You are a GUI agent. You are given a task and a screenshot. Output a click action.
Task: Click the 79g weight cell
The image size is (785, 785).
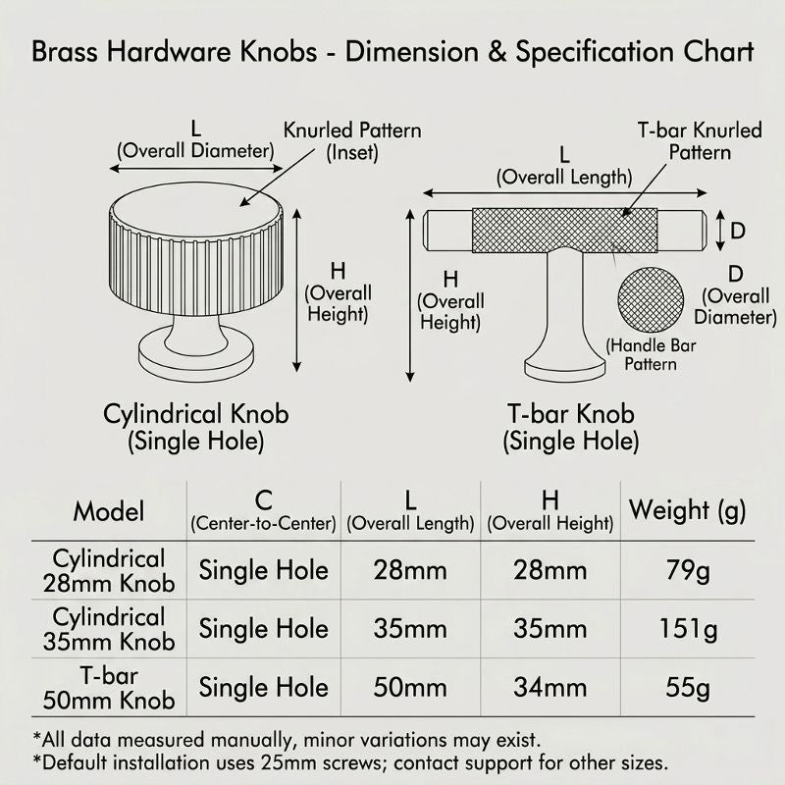pos(688,571)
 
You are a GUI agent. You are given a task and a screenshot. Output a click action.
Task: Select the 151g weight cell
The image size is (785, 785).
pos(688,629)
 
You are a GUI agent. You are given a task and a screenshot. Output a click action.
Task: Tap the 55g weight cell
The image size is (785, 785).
pos(688,688)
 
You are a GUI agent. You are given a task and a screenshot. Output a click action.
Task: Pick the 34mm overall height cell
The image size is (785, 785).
pos(549,688)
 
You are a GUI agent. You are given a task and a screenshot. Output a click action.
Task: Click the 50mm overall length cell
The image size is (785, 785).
pos(410,688)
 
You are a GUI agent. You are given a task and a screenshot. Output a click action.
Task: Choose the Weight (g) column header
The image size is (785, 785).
pos(688,511)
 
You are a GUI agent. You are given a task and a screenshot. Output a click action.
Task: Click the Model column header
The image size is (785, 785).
pos(109,511)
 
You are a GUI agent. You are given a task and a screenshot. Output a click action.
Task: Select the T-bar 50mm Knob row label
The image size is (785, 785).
pos(109,688)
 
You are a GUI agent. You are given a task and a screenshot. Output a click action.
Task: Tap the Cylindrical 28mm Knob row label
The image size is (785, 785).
pos(109,571)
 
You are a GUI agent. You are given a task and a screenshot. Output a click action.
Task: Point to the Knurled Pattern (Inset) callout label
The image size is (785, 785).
pos(352,141)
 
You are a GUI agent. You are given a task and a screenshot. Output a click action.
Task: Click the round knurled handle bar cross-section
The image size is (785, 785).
pos(651,300)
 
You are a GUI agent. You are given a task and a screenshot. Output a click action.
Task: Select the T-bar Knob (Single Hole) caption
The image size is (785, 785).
pos(571,428)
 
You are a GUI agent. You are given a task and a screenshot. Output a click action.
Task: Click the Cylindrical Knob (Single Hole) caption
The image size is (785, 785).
pos(195,428)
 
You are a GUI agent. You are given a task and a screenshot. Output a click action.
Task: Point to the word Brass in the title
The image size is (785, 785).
pos(65,52)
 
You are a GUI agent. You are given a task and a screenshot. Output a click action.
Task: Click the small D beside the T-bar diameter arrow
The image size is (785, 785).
pos(738,231)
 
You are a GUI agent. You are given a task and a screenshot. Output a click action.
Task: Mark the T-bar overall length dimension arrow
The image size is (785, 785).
pos(565,192)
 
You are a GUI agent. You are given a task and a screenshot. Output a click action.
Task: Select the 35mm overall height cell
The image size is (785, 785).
pos(549,629)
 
